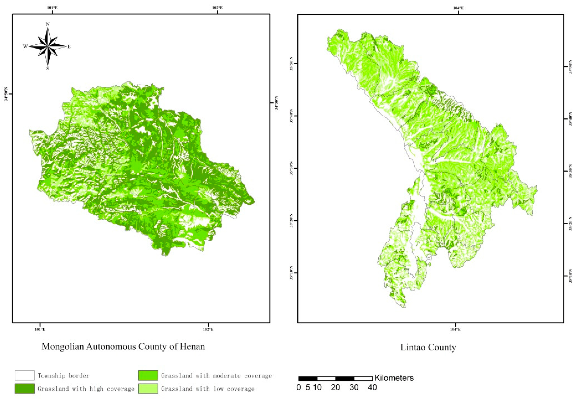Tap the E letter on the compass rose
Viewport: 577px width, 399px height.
tap(69, 46)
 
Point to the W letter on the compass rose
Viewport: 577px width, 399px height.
tap(25, 46)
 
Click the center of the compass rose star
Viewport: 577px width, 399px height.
tap(47, 46)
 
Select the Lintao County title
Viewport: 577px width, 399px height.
tap(428, 347)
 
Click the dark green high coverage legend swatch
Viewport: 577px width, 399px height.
tap(25, 388)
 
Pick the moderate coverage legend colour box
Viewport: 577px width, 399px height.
tap(148, 375)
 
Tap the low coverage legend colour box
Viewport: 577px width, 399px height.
tap(148, 388)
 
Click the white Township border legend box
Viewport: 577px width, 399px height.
tap(25, 375)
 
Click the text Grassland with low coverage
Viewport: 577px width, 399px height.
tap(208, 389)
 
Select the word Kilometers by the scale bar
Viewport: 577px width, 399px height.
tap(394, 378)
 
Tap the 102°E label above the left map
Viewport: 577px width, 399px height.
tap(217, 8)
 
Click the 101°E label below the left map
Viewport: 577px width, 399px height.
tap(40, 329)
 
